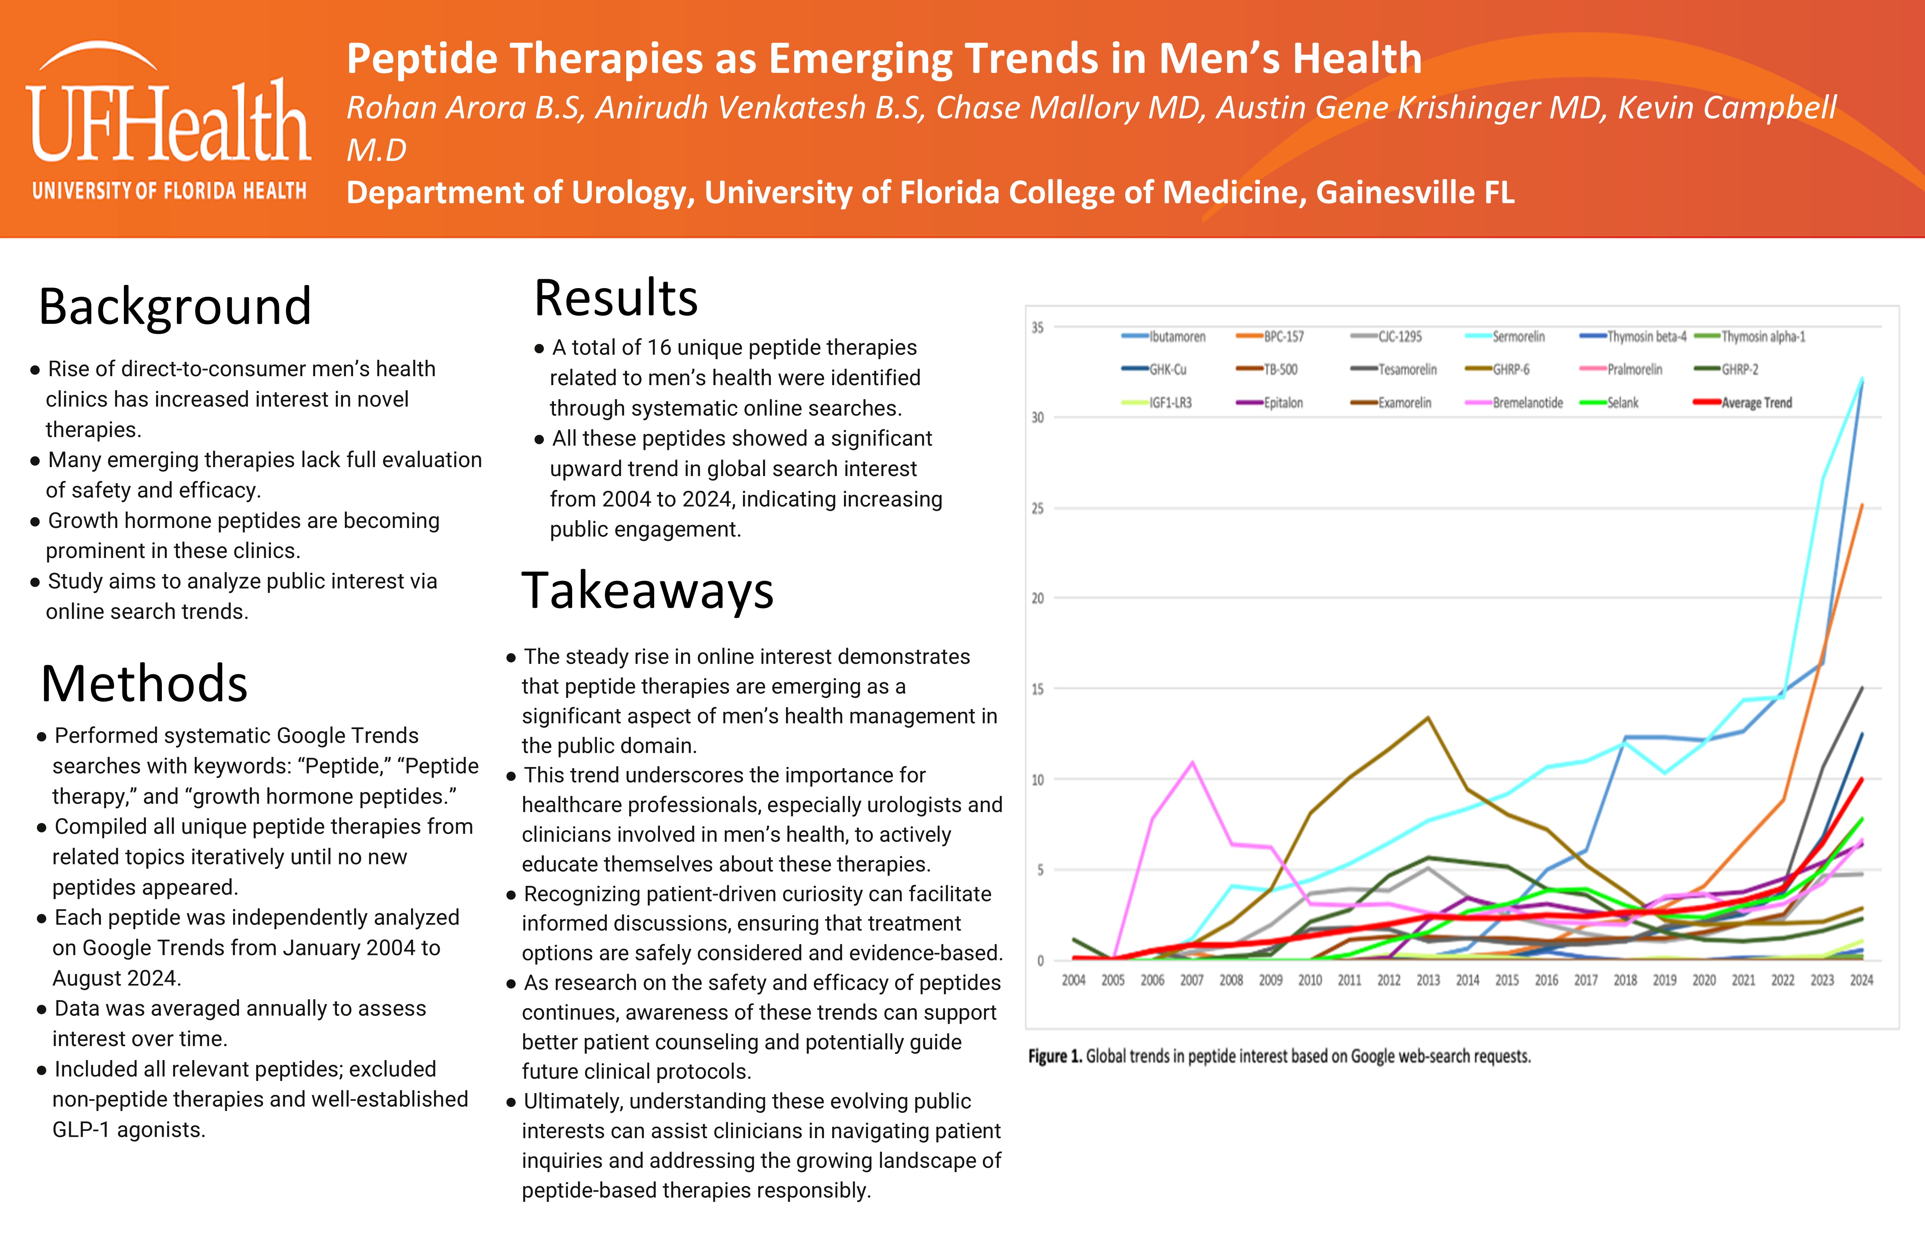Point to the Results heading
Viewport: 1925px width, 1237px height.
pyautogui.click(x=616, y=298)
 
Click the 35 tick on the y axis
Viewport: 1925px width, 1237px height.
pyautogui.click(x=1038, y=328)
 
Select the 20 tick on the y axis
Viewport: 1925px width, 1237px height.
pyautogui.click(x=1038, y=598)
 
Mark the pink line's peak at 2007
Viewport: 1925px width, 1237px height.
pyautogui.click(x=1192, y=762)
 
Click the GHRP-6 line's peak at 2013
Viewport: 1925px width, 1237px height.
pyautogui.click(x=1428, y=717)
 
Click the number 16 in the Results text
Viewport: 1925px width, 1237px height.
pyautogui.click(x=659, y=348)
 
